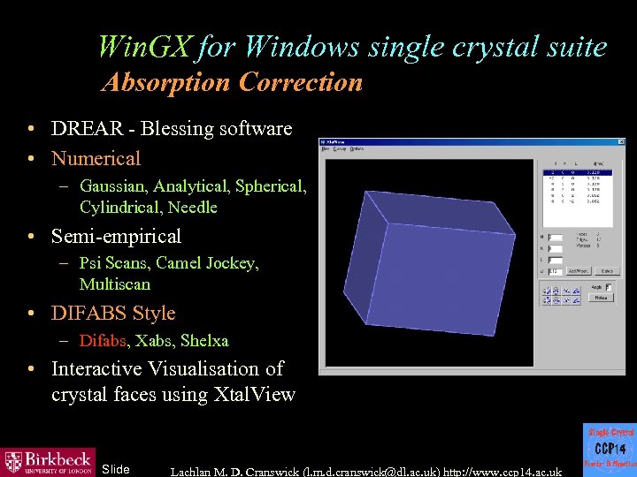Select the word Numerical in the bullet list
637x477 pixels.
[96, 159]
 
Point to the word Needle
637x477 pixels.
[192, 208]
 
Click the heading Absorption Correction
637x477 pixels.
[232, 83]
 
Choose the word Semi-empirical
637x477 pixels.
[116, 236]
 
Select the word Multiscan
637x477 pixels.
[115, 284]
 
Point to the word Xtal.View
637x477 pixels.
[255, 395]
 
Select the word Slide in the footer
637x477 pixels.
[116, 469]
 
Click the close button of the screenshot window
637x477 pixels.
[619, 141]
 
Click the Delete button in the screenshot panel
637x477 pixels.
[606, 271]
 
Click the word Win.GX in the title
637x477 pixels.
[143, 46]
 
